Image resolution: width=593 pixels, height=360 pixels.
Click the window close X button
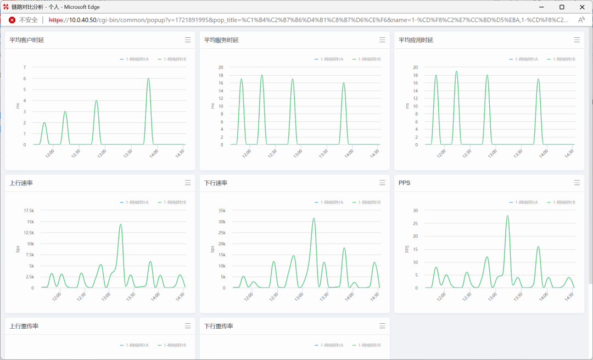[582, 7]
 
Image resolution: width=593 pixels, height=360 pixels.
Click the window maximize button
[562, 7]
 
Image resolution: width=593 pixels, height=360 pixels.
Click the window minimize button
[541, 7]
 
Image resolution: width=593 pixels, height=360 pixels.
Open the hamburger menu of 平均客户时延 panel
[188, 40]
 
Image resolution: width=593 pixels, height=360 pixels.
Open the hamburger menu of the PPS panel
[577, 183]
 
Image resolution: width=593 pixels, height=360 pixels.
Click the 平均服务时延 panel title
[221, 40]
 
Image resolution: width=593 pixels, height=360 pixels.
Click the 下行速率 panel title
[216, 183]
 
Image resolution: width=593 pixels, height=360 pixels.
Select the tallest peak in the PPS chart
[507, 216]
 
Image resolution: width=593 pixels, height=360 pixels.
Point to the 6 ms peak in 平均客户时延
[148, 78]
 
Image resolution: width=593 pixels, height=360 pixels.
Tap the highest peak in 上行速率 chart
[120, 224]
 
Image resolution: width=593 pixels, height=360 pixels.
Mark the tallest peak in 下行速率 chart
[314, 218]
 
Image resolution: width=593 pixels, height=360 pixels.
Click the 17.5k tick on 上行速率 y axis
[29, 211]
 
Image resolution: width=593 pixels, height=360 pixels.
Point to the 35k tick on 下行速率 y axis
[222, 211]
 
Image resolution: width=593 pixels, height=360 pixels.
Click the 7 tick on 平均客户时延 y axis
[24, 67]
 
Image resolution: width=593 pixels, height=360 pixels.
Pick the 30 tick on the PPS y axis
[416, 211]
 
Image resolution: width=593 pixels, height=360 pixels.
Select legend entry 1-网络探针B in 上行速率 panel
[172, 203]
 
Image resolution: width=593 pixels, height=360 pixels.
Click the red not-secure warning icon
[12, 20]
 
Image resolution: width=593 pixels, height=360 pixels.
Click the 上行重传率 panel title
[24, 326]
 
